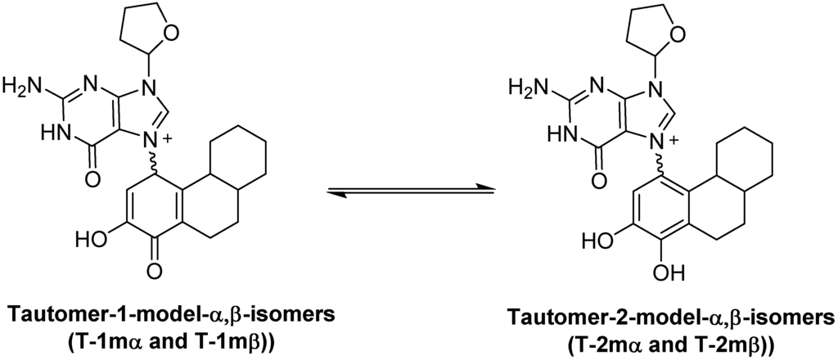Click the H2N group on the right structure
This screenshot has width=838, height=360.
coord(526,84)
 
